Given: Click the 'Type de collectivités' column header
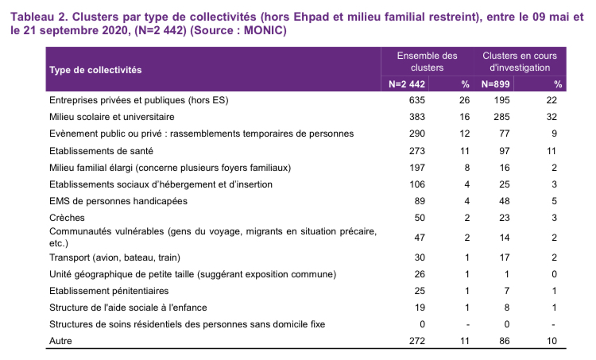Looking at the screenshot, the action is pos(95,70).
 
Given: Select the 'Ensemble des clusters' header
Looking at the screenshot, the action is pos(428,61).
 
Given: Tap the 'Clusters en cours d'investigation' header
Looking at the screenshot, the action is pos(520,61).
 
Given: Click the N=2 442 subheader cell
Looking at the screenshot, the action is pos(407,84).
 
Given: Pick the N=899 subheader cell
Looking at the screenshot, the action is pos(495,84).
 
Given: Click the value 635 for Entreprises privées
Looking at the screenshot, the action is pos(417,100).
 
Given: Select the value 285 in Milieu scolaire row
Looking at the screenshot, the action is pos(501,117).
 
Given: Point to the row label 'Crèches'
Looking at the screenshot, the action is pos(67,218).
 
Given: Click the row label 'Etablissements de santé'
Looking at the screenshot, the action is pos(101,151).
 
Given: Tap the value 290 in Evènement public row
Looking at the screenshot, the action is pos(417,134).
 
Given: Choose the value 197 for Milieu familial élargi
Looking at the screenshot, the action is pos(417,168).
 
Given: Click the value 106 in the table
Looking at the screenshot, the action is pos(417,184).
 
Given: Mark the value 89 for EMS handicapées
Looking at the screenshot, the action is pos(420,201).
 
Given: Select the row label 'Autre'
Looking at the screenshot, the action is pos(60,341).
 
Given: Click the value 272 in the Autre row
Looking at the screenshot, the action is pos(417,341).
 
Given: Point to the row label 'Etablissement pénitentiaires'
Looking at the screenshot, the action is pos(109,291).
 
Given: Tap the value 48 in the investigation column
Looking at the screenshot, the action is pos(505,201).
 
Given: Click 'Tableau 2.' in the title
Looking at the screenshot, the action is pos(40,17).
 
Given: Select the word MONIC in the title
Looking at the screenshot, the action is pos(263,30).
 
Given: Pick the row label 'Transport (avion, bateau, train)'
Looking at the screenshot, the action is pos(114,257).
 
